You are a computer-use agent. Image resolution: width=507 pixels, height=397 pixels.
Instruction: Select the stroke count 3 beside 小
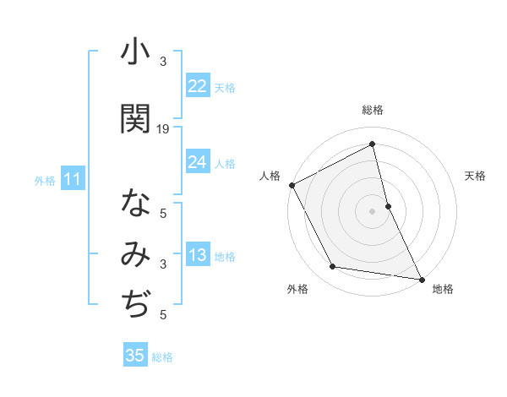click(163, 62)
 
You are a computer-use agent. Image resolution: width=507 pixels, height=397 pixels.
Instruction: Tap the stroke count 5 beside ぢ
click(163, 315)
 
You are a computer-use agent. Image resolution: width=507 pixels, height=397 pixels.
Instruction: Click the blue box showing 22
click(198, 85)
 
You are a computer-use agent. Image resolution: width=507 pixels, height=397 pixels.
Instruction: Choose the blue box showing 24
click(198, 162)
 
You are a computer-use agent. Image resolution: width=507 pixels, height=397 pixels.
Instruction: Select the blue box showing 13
click(198, 256)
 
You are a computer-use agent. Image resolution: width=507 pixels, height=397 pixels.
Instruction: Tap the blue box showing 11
click(72, 179)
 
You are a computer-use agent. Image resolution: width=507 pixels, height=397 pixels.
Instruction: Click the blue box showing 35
click(135, 356)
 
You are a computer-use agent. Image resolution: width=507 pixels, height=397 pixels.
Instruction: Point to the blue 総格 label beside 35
click(162, 357)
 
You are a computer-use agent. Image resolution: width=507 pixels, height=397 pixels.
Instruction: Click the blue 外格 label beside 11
click(45, 180)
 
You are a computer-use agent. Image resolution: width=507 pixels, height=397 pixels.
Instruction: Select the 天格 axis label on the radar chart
click(475, 176)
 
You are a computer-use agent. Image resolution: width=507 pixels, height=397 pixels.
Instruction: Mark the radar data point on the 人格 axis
click(292, 185)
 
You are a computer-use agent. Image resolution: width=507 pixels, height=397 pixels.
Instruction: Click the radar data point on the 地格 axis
click(421, 278)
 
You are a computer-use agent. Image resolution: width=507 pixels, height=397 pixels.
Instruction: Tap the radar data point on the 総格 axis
click(372, 144)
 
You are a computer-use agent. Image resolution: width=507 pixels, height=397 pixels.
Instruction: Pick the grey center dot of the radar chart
click(372, 211)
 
